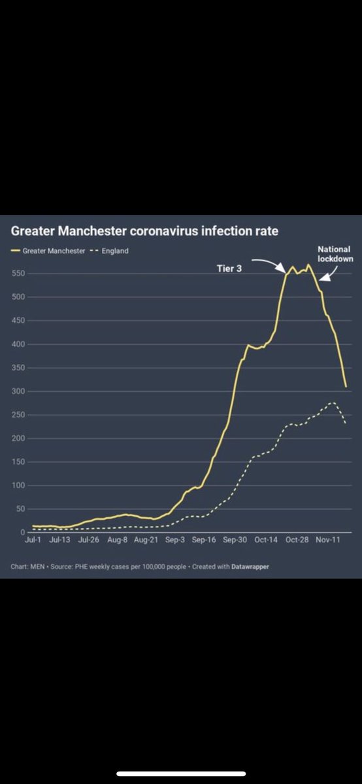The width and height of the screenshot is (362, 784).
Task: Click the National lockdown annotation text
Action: [x=334, y=253]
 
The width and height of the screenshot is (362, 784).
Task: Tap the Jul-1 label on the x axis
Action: [x=33, y=540]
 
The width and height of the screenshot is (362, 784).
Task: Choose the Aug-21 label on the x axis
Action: [x=146, y=540]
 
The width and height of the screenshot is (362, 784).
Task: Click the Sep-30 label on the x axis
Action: [x=235, y=540]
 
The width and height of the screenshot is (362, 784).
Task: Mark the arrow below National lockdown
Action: [x=327, y=274]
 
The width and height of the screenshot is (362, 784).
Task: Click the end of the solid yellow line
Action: [x=346, y=386]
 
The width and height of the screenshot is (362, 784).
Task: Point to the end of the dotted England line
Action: [x=346, y=423]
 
